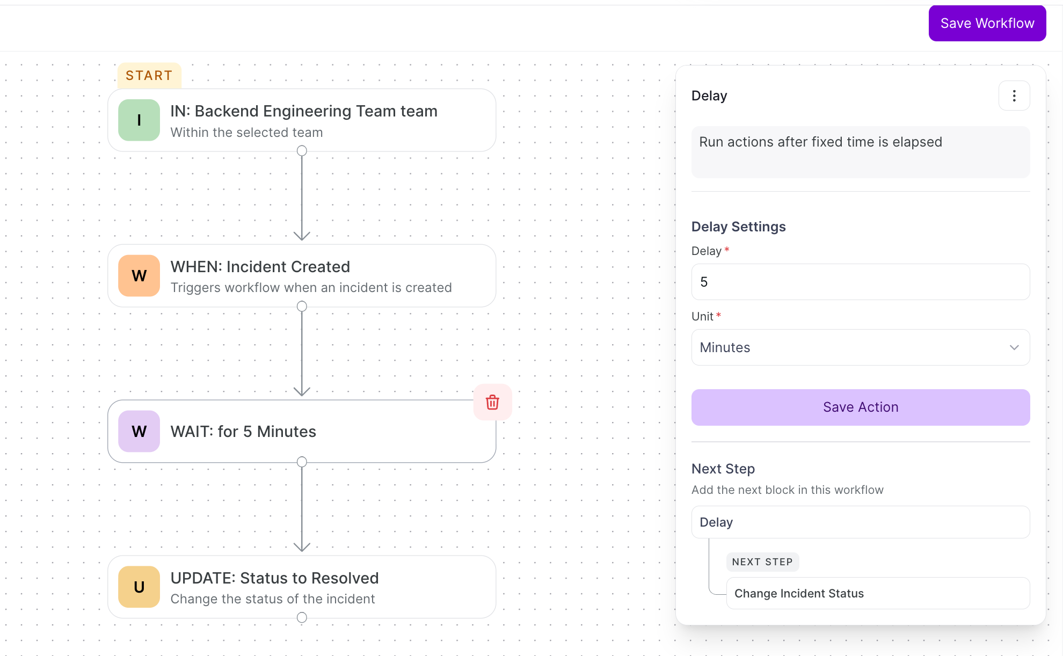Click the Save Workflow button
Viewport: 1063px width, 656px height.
coord(987,24)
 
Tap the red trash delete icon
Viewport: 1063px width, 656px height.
coord(492,402)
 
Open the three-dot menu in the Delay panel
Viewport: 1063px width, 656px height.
coord(1014,96)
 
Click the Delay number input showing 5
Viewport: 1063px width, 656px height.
coord(861,282)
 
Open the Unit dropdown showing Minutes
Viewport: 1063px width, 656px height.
coord(861,347)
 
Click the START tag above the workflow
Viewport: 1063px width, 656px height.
coord(149,76)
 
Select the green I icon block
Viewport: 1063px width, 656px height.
coord(139,120)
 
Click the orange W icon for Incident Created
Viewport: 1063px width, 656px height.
coord(139,276)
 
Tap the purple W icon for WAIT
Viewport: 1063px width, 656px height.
coord(139,431)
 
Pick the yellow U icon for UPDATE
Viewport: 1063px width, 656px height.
coord(139,587)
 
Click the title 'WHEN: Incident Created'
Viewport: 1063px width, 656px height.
coord(260,267)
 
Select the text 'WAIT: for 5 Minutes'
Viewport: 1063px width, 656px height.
coord(243,432)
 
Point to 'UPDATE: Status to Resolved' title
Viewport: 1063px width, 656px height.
coord(275,578)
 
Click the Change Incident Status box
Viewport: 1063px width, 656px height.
coord(878,593)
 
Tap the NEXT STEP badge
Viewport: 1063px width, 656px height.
coord(762,562)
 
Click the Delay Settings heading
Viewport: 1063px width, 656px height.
coord(739,227)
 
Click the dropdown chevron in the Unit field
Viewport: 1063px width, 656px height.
coord(1014,347)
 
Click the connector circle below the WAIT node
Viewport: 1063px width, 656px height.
coord(302,462)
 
